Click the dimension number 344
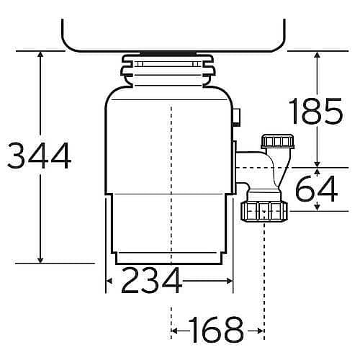40,156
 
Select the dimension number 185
316,111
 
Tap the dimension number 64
317,189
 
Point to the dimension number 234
151,280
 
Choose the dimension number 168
216,330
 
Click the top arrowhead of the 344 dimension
40,54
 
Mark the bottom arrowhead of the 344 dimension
40,260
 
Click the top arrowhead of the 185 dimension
318,54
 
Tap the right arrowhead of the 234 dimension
230,281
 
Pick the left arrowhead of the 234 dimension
109,281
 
